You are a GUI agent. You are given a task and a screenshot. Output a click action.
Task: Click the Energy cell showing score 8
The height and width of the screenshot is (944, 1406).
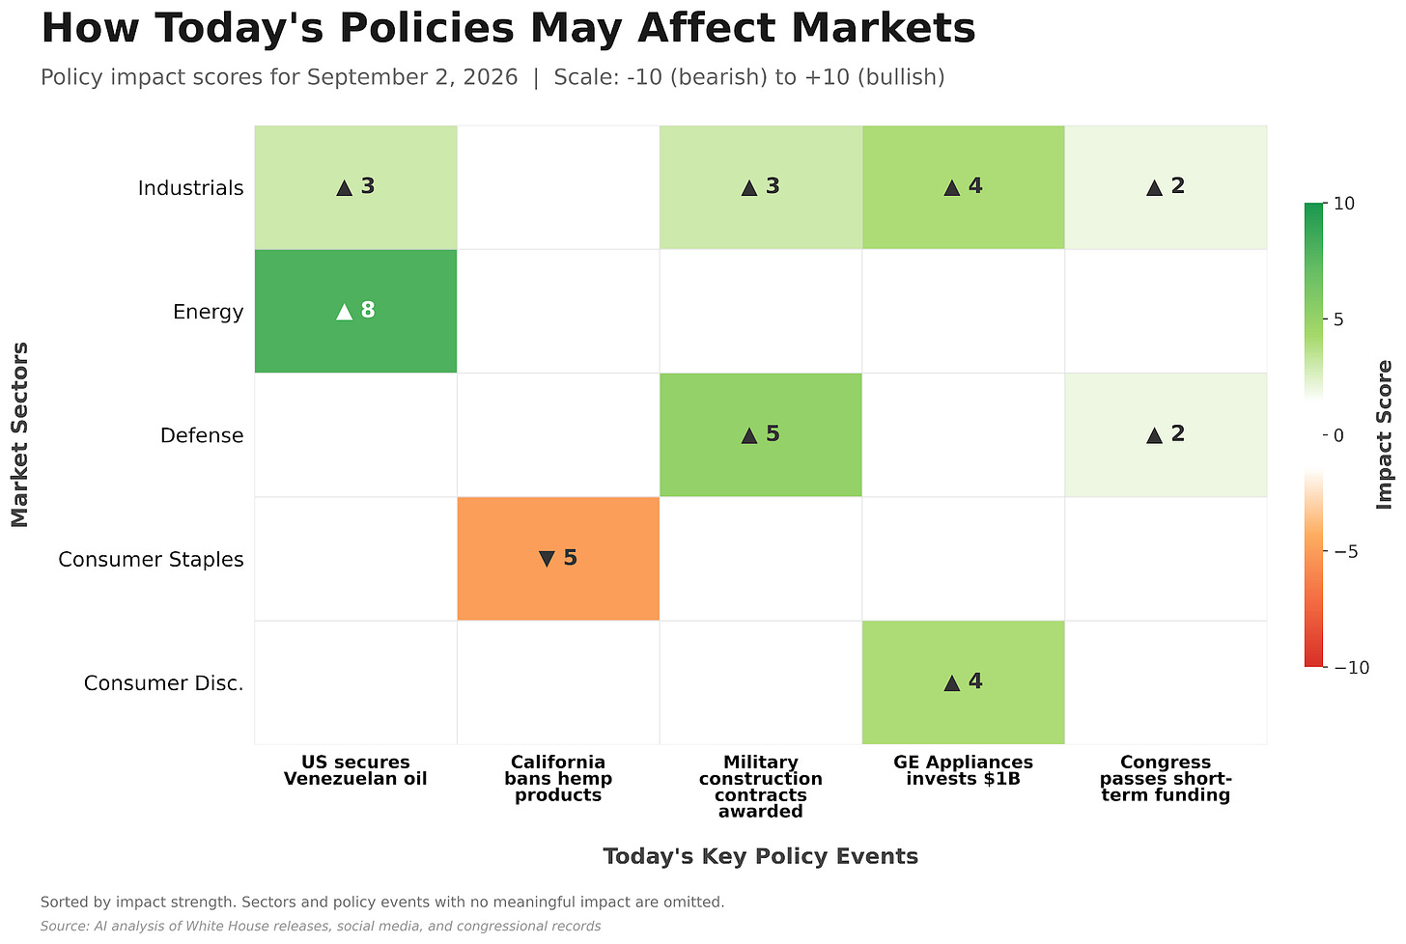[x=355, y=311]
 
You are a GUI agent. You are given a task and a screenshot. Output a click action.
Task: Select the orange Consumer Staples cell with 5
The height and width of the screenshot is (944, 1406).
[x=558, y=559]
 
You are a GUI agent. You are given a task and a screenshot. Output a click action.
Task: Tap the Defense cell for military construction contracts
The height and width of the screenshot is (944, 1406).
[x=760, y=434]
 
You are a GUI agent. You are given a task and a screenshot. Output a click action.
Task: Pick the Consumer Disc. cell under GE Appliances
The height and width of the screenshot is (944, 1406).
[x=963, y=682]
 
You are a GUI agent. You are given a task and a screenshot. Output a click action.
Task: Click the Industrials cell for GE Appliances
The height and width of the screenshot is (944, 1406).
[x=963, y=187]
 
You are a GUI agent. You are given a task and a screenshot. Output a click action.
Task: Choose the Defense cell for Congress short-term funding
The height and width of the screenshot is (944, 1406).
[x=1166, y=434]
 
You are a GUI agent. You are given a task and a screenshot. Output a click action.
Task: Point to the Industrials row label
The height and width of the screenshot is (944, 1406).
[x=191, y=188]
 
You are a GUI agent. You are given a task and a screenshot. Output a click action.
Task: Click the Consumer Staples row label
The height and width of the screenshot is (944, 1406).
[x=151, y=560]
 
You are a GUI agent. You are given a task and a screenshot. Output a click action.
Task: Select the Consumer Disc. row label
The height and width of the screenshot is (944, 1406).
[x=163, y=683]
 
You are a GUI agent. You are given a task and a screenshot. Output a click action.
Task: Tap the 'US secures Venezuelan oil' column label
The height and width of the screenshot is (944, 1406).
[x=355, y=770]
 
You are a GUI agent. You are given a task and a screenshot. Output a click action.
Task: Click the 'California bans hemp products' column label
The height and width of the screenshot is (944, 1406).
[x=558, y=778]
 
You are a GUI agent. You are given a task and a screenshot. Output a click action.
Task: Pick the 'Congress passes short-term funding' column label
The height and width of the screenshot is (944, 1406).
[x=1166, y=778]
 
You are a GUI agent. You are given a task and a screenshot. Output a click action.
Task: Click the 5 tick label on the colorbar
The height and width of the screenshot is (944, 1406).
[x=1338, y=319]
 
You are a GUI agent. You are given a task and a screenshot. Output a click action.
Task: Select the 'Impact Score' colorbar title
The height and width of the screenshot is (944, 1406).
[x=1384, y=434]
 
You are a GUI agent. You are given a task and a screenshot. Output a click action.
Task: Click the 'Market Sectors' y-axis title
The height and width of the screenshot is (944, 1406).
[x=19, y=434]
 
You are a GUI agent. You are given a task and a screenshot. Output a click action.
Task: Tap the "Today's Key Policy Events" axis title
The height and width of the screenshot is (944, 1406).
[x=760, y=856]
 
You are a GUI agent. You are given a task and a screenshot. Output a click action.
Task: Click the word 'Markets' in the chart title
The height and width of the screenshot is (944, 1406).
[x=884, y=28]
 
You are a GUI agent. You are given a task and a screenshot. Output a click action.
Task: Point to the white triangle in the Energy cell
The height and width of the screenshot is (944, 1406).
[x=344, y=311]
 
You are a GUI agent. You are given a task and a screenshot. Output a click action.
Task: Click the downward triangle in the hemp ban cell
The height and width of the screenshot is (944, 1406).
[x=547, y=559]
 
